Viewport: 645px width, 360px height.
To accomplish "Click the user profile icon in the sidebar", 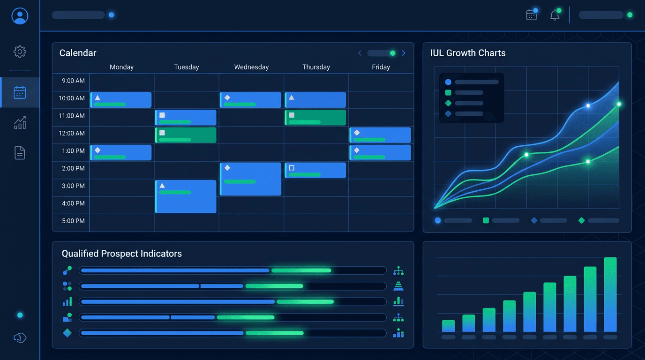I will click(x=20, y=16).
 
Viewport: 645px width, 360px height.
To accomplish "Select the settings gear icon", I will click(x=20, y=52).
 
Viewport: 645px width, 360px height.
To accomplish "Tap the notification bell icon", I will click(x=555, y=15).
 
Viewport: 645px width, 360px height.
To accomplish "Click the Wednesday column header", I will click(x=251, y=67).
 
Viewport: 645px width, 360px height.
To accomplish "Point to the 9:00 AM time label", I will click(x=73, y=81).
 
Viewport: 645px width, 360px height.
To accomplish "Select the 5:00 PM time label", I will click(x=73, y=221).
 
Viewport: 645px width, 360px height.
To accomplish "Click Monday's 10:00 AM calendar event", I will click(x=121, y=100).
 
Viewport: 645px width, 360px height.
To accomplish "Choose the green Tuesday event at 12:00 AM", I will click(x=186, y=135).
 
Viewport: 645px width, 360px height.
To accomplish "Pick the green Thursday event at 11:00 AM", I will click(x=315, y=118).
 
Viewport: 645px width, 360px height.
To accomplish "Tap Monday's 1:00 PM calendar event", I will click(x=121, y=153).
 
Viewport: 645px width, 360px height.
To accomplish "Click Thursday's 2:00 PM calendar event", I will click(x=315, y=170).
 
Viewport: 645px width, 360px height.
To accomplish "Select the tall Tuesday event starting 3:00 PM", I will click(x=186, y=197).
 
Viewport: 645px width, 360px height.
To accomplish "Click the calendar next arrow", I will click(x=404, y=53).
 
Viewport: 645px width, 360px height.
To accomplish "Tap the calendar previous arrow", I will click(x=360, y=53).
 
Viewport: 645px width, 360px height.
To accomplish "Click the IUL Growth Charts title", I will click(x=468, y=53).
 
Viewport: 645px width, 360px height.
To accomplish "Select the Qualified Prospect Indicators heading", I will click(x=122, y=254).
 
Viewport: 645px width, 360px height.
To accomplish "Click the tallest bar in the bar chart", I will click(x=610, y=294).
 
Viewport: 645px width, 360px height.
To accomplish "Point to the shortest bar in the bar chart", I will click(x=449, y=326).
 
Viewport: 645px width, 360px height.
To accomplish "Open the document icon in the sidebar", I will click(x=20, y=153).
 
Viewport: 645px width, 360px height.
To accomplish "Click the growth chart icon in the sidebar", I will click(x=20, y=123).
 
